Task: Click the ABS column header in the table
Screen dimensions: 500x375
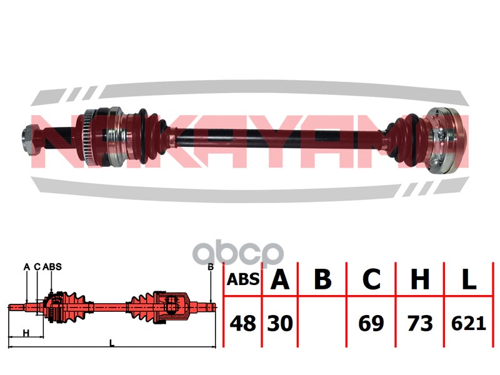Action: [x=243, y=279]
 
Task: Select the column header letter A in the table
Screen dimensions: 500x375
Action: [x=279, y=279]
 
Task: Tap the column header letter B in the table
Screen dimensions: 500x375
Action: [x=322, y=279]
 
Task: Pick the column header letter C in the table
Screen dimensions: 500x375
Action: [x=371, y=279]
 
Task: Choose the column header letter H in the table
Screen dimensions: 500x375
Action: [x=420, y=279]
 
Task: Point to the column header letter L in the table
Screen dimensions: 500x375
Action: [x=469, y=279]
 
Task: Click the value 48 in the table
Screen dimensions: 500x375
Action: [x=243, y=323]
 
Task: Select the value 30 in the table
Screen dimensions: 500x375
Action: [x=279, y=323]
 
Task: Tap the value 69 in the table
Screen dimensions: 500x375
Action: [x=371, y=323]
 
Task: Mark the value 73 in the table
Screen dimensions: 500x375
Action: [x=420, y=323]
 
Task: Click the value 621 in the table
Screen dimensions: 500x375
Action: [x=468, y=323]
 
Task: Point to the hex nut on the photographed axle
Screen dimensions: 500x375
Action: [x=28, y=139]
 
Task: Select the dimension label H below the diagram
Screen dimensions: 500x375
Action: [x=26, y=333]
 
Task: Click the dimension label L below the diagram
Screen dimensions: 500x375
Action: [x=112, y=343]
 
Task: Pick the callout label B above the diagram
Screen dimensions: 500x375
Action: [x=211, y=267]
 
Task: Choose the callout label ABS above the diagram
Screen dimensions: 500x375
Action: [x=52, y=267]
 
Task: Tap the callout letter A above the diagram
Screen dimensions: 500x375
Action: [x=27, y=267]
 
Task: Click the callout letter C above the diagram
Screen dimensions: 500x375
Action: [x=37, y=267]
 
